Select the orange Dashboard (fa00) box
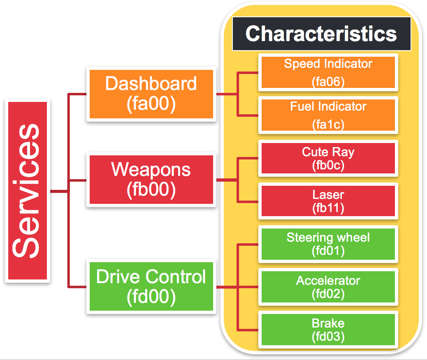click(x=151, y=95)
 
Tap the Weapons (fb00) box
click(x=151, y=180)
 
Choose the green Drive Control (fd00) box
click(x=151, y=287)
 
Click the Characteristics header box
click(x=321, y=34)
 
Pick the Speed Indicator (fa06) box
click(x=328, y=72)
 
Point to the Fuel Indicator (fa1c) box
click(x=328, y=115)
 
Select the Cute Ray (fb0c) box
click(x=328, y=158)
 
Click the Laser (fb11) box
click(x=328, y=201)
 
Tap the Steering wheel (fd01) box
click(x=328, y=244)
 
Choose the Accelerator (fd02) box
click(x=328, y=287)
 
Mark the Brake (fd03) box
click(x=328, y=330)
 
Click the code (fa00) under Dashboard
click(x=151, y=104)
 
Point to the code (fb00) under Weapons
click(x=151, y=189)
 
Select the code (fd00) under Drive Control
click(x=151, y=296)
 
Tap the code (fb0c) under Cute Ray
click(x=328, y=165)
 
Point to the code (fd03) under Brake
click(x=328, y=337)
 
